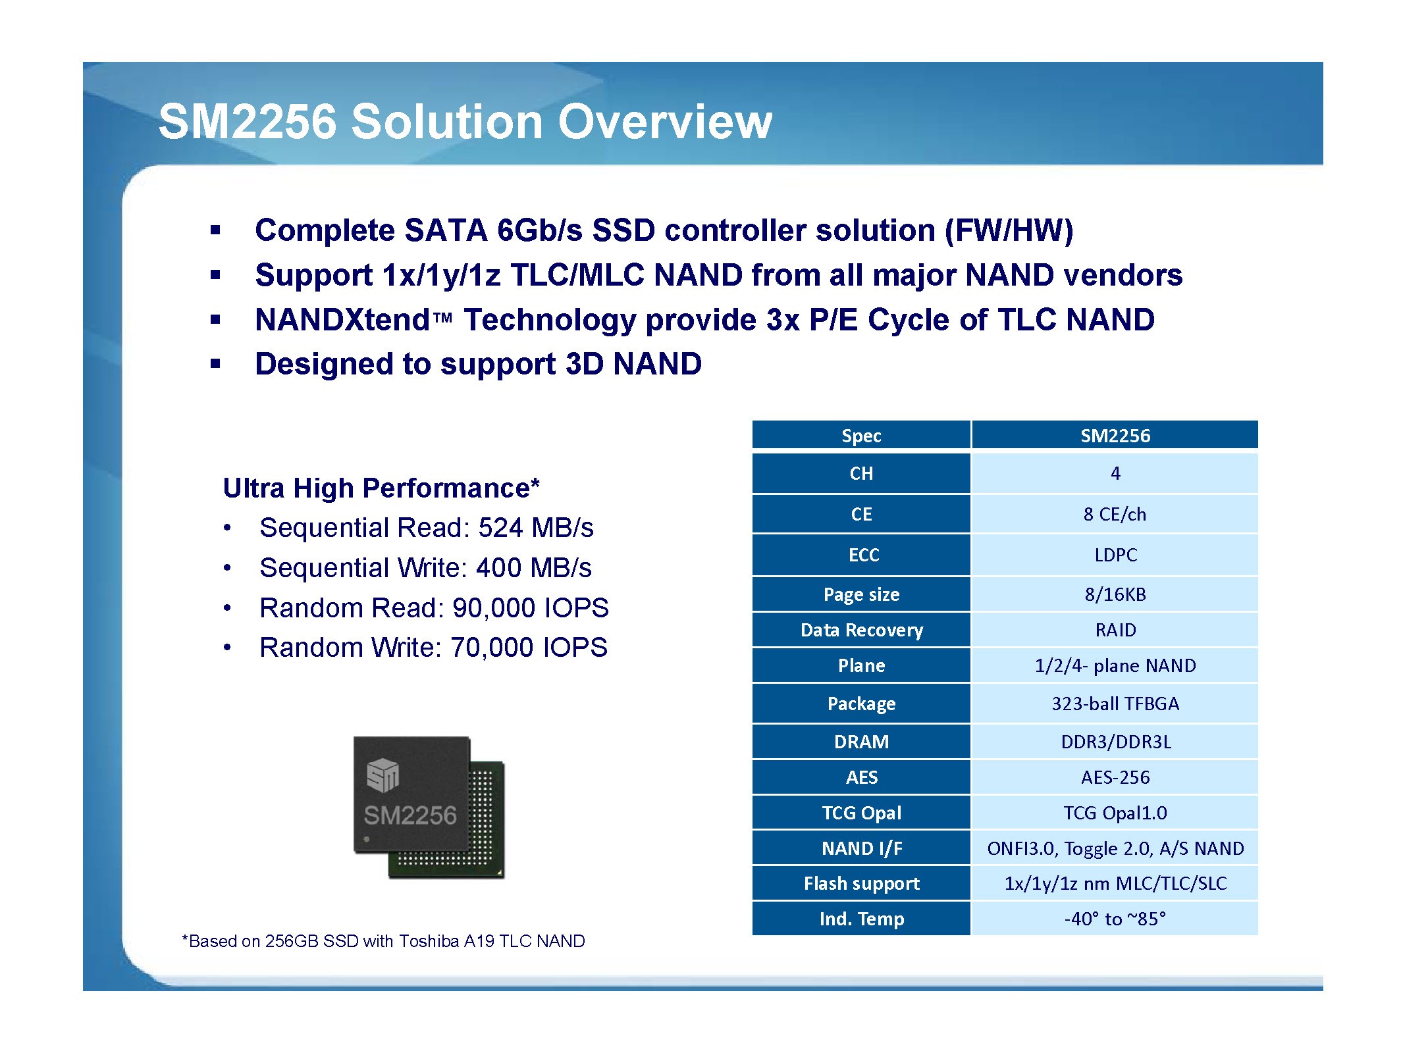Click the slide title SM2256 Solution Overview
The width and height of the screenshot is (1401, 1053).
(465, 122)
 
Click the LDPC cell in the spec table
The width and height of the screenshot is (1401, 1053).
(1115, 555)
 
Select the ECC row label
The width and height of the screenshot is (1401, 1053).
(862, 555)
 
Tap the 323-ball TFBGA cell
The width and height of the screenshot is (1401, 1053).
(1115, 704)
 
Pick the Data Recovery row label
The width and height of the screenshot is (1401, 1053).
(862, 630)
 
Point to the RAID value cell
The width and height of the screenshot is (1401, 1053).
(1115, 630)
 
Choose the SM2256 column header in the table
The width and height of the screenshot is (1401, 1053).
(1115, 435)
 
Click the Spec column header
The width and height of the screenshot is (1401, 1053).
(862, 435)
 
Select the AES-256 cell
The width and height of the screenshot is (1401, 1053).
(1115, 777)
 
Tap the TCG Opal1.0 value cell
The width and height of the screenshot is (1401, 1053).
(1115, 813)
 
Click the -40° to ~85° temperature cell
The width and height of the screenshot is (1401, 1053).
(1115, 919)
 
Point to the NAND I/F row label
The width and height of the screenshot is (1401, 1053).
(862, 848)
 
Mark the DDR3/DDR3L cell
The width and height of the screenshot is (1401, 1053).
(1115, 742)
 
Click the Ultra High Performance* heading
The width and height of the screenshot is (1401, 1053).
(381, 488)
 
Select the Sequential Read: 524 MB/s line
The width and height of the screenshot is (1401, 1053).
(426, 528)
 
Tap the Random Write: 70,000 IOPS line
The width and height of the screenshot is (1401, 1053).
(433, 648)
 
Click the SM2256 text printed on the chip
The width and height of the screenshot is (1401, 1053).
(410, 815)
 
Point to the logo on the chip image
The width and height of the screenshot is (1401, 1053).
(383, 775)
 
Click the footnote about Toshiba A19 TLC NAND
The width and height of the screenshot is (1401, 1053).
(383, 941)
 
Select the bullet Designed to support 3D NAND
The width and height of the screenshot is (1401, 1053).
(478, 364)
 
